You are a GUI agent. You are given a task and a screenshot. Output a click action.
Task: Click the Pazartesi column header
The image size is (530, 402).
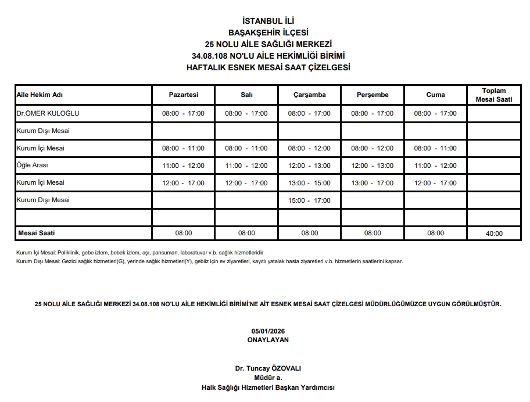[x=183, y=95]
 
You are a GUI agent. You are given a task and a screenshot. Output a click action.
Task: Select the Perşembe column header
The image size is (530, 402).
[x=373, y=95]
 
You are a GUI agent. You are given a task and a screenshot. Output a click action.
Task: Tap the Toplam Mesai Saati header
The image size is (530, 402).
[x=493, y=95]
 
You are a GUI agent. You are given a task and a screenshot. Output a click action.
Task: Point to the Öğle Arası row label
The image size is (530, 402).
[x=33, y=166]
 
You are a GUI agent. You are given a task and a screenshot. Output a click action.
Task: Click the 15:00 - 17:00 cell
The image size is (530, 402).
[x=309, y=200]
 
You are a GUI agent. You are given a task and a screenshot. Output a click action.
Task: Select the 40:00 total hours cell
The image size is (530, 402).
[x=493, y=234]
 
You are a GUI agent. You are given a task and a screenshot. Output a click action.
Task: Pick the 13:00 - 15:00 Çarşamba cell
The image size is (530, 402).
[x=309, y=183]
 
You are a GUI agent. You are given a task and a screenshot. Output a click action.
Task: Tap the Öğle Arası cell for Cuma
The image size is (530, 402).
[x=435, y=166]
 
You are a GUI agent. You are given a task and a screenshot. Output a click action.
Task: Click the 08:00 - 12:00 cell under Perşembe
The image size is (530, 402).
[x=373, y=148]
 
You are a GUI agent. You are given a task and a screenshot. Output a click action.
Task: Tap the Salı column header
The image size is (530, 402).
[x=246, y=95]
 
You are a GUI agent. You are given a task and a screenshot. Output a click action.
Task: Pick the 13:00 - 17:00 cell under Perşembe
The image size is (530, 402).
[x=373, y=183]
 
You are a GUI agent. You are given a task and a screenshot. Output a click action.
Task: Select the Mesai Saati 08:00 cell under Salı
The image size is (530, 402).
[x=246, y=233]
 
